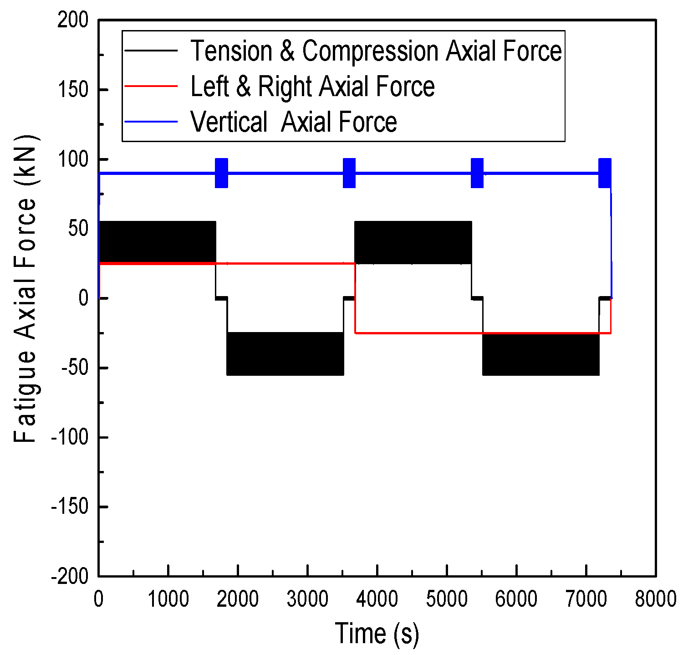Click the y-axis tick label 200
[x=72, y=20]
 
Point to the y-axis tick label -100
[x=69, y=437]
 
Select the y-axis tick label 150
[x=73, y=90]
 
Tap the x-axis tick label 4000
[x=377, y=599]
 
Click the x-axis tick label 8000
[x=656, y=599]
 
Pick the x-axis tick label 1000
[x=168, y=599]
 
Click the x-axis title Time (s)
[x=377, y=633]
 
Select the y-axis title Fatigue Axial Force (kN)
[x=25, y=289]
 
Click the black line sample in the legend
[x=151, y=51]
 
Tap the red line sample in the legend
[x=151, y=86]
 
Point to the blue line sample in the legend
[x=151, y=122]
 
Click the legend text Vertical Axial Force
[x=294, y=122]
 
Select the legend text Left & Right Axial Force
[x=312, y=87]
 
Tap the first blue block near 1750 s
[x=221, y=173]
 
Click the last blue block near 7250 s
[x=605, y=173]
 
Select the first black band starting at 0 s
[x=157, y=242]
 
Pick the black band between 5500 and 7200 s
[x=540, y=354]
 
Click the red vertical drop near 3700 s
[x=355, y=298]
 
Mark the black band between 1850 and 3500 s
[x=285, y=354]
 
